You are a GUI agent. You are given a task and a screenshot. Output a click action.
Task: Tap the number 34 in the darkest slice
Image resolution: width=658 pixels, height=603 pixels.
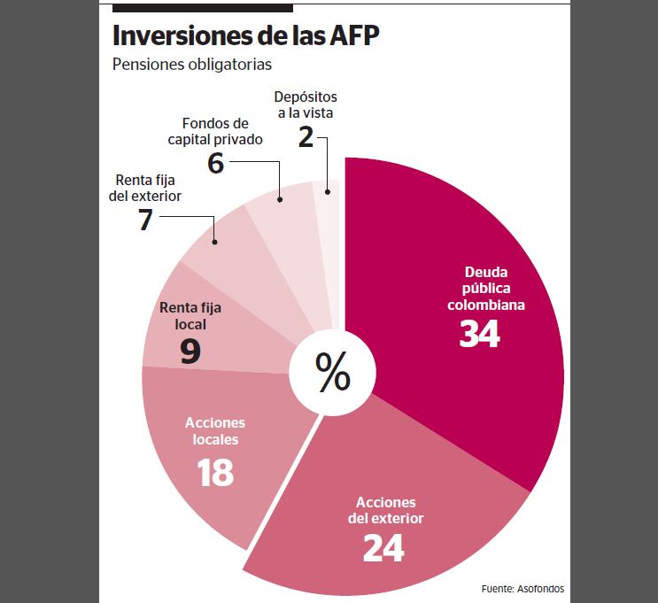(479, 333)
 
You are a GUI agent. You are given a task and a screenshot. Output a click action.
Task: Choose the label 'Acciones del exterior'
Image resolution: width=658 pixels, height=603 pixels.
(383, 510)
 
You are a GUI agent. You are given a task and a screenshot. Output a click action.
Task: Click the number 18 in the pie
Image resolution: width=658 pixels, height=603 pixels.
(214, 473)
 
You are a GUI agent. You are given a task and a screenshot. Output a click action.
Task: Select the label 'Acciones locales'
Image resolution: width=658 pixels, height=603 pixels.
(214, 431)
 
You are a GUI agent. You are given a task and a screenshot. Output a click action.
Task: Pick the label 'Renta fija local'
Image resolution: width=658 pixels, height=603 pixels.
(190, 316)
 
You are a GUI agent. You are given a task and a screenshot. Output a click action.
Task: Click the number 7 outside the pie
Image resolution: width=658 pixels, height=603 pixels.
(145, 220)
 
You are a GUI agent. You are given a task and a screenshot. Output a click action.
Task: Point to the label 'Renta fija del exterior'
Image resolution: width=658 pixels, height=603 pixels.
(145, 188)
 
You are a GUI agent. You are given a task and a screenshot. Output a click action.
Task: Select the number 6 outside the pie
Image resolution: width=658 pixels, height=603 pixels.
(214, 163)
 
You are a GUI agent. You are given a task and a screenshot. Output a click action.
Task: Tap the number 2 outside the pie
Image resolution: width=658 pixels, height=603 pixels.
(306, 138)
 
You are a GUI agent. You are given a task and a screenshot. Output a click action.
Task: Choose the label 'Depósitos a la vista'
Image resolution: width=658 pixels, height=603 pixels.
(306, 104)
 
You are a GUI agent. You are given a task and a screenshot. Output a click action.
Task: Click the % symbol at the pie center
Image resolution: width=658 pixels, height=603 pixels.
(333, 373)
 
